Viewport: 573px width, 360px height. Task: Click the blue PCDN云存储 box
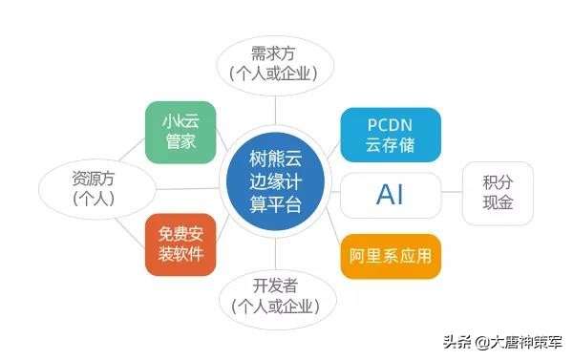[390, 135]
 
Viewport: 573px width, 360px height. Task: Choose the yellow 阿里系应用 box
[390, 256]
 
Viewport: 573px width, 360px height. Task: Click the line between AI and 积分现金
[452, 195]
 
